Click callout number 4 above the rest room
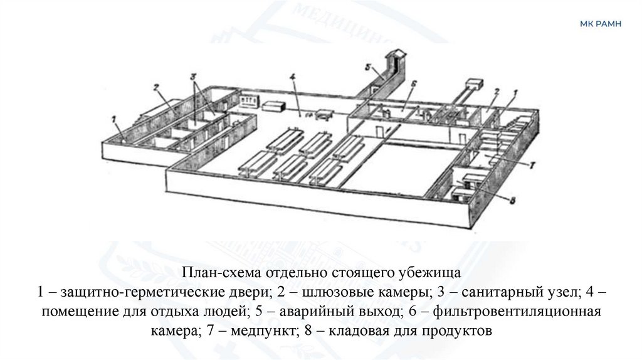click(x=292, y=78)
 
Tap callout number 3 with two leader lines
click(x=194, y=77)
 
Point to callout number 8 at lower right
click(x=512, y=202)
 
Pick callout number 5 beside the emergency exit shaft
click(x=369, y=67)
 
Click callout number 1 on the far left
click(x=113, y=118)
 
